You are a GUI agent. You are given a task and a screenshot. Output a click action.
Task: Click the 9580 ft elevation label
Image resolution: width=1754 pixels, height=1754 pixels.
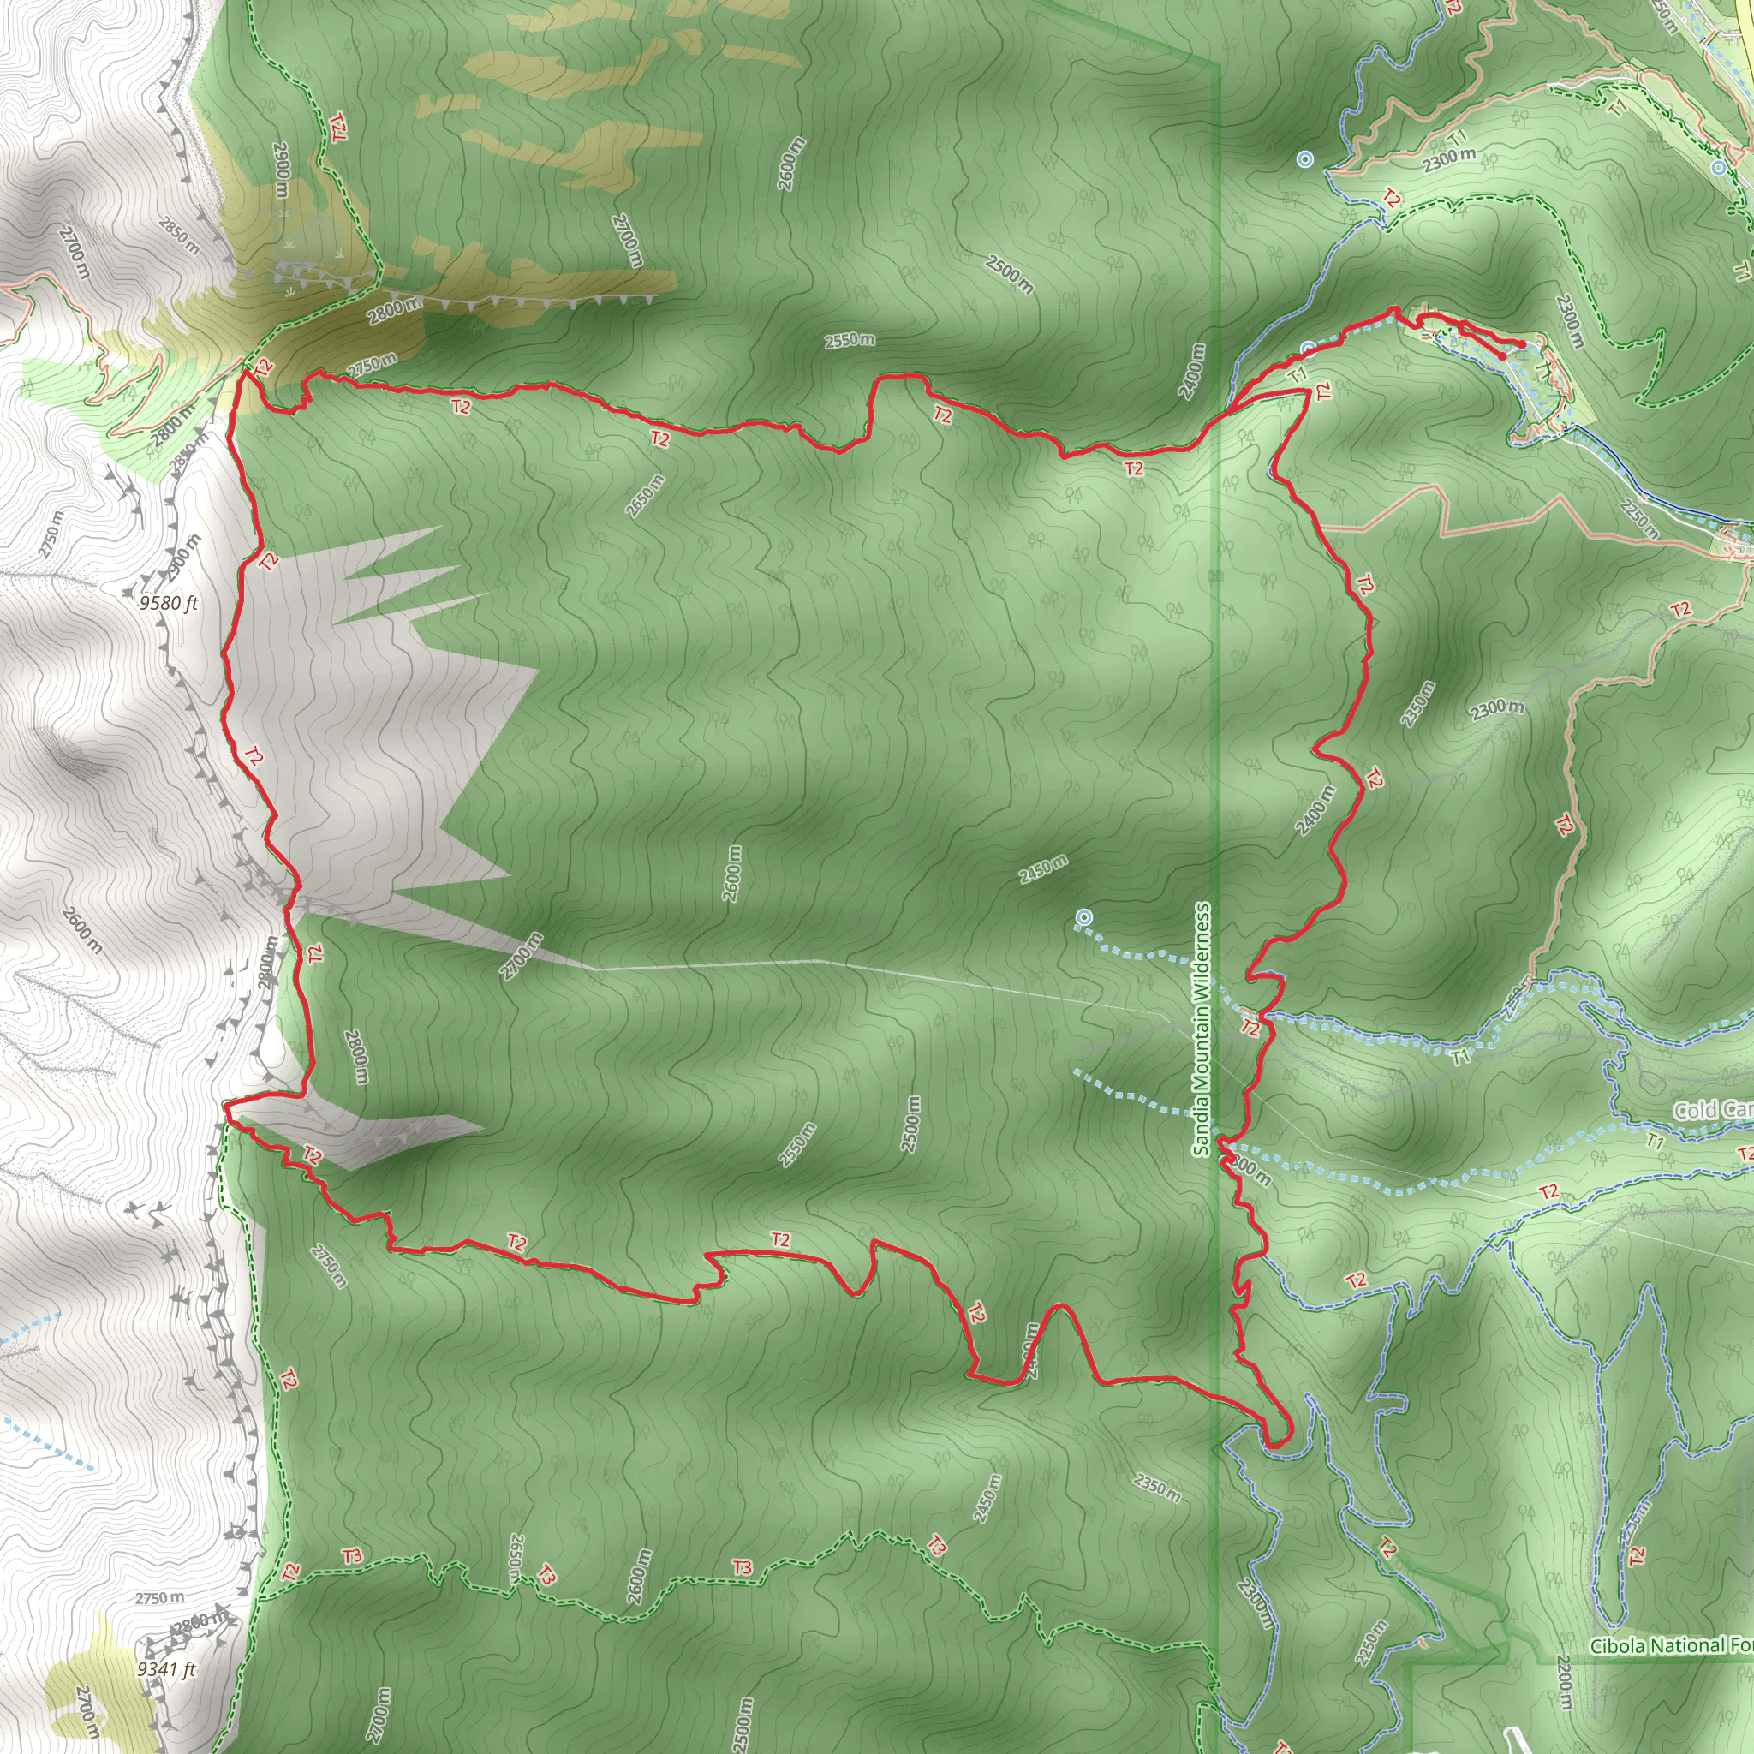pos(168,604)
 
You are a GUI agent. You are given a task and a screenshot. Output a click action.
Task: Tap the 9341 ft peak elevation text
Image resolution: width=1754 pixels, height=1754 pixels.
pos(166,1669)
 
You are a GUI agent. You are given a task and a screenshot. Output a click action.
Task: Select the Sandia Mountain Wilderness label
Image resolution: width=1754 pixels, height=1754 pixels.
pos(1202,1029)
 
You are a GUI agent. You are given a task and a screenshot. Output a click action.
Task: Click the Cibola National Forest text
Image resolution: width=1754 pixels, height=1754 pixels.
pos(1670,1646)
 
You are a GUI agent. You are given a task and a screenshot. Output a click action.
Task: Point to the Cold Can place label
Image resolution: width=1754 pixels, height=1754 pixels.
pos(1712,1109)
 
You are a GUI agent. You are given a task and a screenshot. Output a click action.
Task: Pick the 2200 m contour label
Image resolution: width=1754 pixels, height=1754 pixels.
pos(1564,1682)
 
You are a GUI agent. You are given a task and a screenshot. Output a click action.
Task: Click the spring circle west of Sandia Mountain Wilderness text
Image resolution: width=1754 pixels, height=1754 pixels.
pos(1083,918)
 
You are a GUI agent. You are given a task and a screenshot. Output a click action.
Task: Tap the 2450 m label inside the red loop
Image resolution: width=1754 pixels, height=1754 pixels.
pos(1043,868)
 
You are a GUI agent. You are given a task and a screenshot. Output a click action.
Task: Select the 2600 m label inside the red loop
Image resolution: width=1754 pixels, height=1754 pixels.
pos(731,874)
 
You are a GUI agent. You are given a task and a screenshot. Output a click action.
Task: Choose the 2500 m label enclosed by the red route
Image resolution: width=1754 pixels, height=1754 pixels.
pos(910,1124)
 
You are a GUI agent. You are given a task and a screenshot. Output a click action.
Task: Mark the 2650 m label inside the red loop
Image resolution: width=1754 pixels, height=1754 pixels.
pos(645,496)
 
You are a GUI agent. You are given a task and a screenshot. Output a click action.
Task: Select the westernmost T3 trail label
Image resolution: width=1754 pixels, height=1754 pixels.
pos(352,1556)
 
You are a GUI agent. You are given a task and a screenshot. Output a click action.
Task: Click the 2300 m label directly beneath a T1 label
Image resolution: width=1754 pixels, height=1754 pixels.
pos(1449,160)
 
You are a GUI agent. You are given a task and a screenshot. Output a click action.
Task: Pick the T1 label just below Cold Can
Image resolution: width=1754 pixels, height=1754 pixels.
pos(1654,1141)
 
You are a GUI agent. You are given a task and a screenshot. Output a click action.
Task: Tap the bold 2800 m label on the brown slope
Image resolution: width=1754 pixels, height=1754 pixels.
pos(395,311)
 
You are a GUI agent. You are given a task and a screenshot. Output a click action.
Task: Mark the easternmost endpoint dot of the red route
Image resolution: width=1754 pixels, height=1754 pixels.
pos(1522,344)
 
